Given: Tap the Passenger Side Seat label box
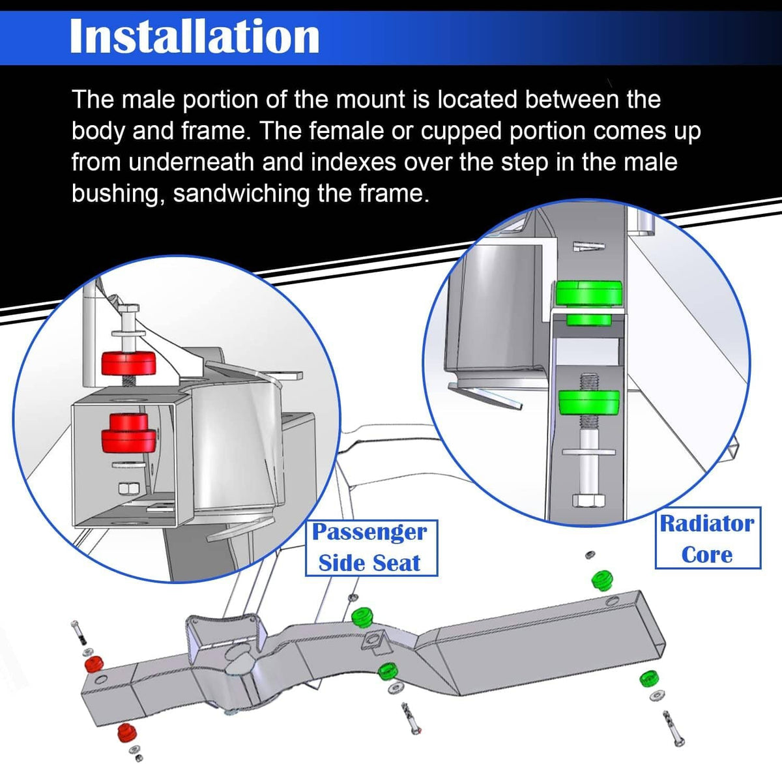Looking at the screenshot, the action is (371, 548).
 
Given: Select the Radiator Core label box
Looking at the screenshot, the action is (708, 538).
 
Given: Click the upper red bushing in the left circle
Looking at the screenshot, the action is (128, 363).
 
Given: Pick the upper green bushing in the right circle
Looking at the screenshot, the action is (588, 299).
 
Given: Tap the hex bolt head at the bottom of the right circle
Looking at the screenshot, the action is (588, 501).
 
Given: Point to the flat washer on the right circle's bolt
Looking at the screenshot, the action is (588, 452).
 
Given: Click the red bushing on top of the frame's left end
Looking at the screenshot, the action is (94, 665).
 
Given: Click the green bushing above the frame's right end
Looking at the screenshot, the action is (601, 580).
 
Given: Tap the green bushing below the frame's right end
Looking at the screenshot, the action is (648, 679).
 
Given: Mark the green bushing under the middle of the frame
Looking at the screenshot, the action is (388, 670).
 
